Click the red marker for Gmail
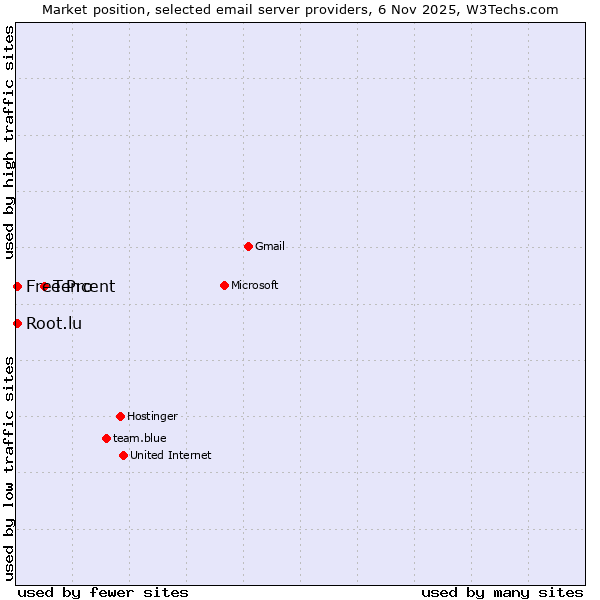pos(248,246)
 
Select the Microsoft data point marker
pos(224,285)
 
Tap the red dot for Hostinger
pos(120,416)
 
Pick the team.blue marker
pos(106,438)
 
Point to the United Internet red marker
pos(123,455)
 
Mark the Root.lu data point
pos(17,323)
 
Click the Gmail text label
pos(270,246)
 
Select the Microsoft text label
pos(255,285)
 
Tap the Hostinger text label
pos(152,416)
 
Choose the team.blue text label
pos(140,438)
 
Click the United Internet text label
pos(171,455)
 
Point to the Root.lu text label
pos(54,323)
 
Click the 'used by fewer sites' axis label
pos(103,592)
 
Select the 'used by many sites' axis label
pos(502,592)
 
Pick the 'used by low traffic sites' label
pos(10,468)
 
